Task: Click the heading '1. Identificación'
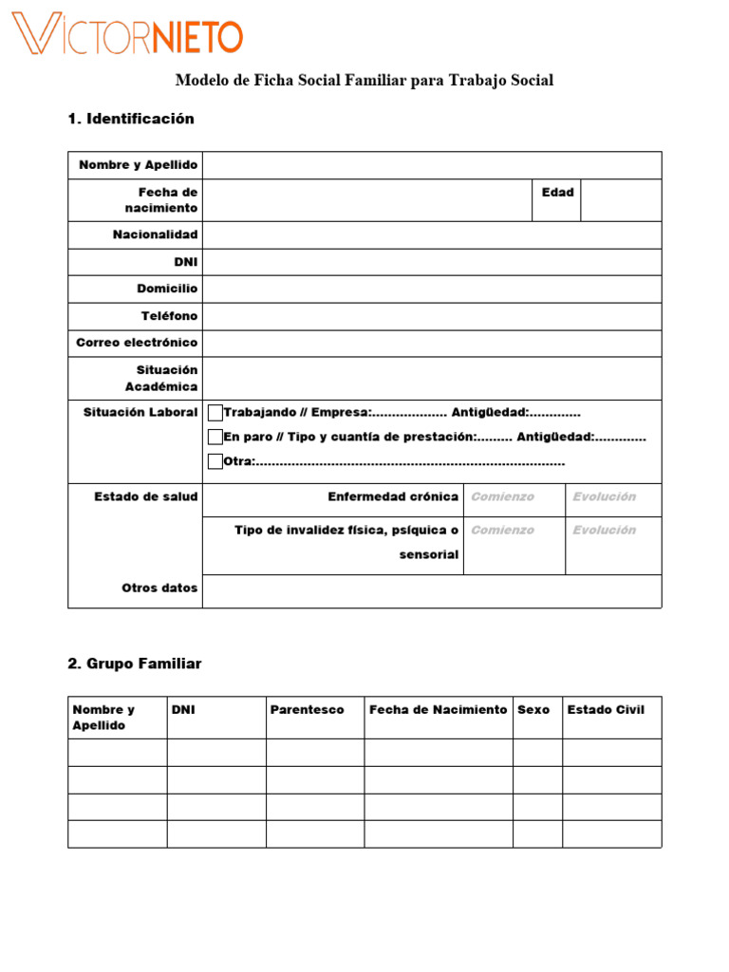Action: tap(131, 119)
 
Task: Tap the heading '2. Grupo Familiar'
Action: tap(135, 664)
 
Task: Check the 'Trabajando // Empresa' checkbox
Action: tap(215, 412)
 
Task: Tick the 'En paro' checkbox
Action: tap(215, 437)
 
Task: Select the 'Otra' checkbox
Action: tap(215, 461)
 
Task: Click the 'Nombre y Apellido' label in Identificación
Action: tap(138, 165)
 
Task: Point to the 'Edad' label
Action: tap(557, 192)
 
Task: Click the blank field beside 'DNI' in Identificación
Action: tap(432, 262)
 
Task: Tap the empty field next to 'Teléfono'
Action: tap(432, 316)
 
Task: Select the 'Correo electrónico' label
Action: tap(137, 343)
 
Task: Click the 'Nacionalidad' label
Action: tap(155, 234)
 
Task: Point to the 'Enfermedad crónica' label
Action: tap(393, 496)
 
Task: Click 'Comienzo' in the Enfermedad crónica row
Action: tap(502, 496)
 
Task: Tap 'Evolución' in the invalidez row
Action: tap(604, 530)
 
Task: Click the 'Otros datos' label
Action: tap(159, 588)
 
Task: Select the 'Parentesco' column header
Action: tap(307, 709)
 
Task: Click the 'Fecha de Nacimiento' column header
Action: tap(438, 709)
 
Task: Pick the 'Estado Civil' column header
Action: tap(605, 709)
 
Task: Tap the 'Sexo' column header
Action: tap(533, 709)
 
